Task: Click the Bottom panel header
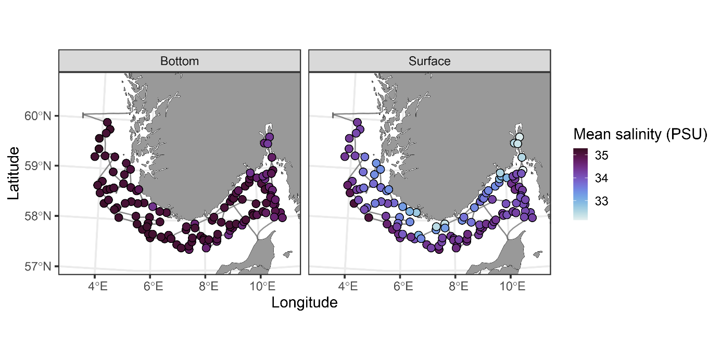pyautogui.click(x=180, y=61)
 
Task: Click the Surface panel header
pyautogui.click(x=429, y=61)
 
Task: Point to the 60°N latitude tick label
pyautogui.click(x=38, y=116)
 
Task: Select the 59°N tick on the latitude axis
pyautogui.click(x=38, y=166)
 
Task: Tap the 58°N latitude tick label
pyautogui.click(x=38, y=216)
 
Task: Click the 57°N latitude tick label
pyautogui.click(x=38, y=266)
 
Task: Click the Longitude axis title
pyautogui.click(x=305, y=302)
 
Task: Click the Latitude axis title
pyautogui.click(x=14, y=173)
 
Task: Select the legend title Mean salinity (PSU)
pyautogui.click(x=640, y=135)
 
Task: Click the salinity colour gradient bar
pyautogui.click(x=580, y=184)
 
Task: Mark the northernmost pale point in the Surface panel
pyautogui.click(x=519, y=137)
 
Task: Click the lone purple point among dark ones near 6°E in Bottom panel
pyautogui.click(x=153, y=207)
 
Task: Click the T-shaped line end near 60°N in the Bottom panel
pyautogui.click(x=83, y=114)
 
